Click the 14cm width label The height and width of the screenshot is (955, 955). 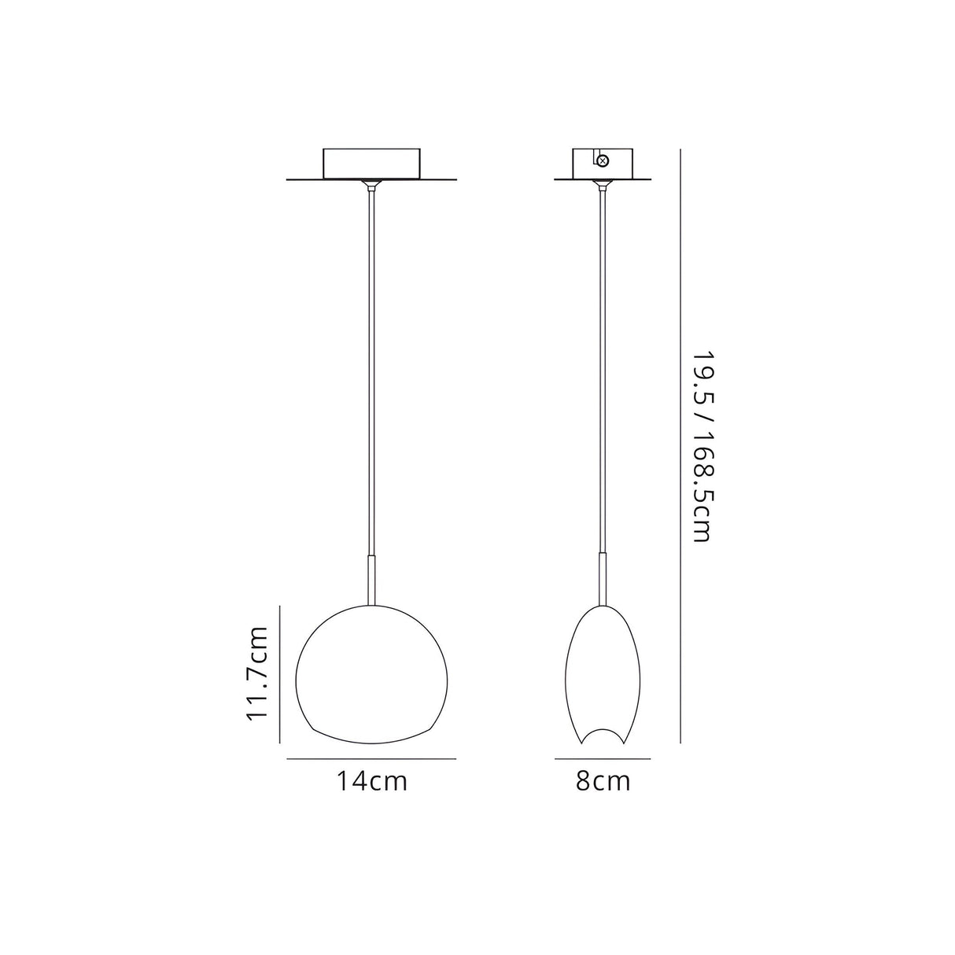(x=372, y=782)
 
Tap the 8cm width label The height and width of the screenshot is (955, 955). (x=603, y=782)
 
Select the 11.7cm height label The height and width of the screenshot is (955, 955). (x=258, y=673)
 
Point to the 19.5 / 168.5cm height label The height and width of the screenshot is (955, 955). (x=698, y=446)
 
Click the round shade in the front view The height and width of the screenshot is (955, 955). (x=372, y=673)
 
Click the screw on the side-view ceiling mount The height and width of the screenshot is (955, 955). (x=603, y=161)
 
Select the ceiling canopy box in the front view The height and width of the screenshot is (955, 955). (x=372, y=164)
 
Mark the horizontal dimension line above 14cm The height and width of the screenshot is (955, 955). (x=372, y=759)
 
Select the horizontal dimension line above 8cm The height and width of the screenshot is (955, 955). (x=603, y=759)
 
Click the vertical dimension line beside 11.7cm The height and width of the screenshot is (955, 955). (x=281, y=673)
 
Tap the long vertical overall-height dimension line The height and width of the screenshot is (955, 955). (x=680, y=446)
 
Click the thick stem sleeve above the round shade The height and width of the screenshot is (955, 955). (x=372, y=579)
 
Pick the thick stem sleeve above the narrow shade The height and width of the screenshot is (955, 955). (x=604, y=579)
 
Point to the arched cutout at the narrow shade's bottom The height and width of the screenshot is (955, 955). (x=604, y=735)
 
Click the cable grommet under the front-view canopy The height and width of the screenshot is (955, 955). (x=372, y=186)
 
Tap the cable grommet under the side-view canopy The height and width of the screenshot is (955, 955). (x=604, y=186)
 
